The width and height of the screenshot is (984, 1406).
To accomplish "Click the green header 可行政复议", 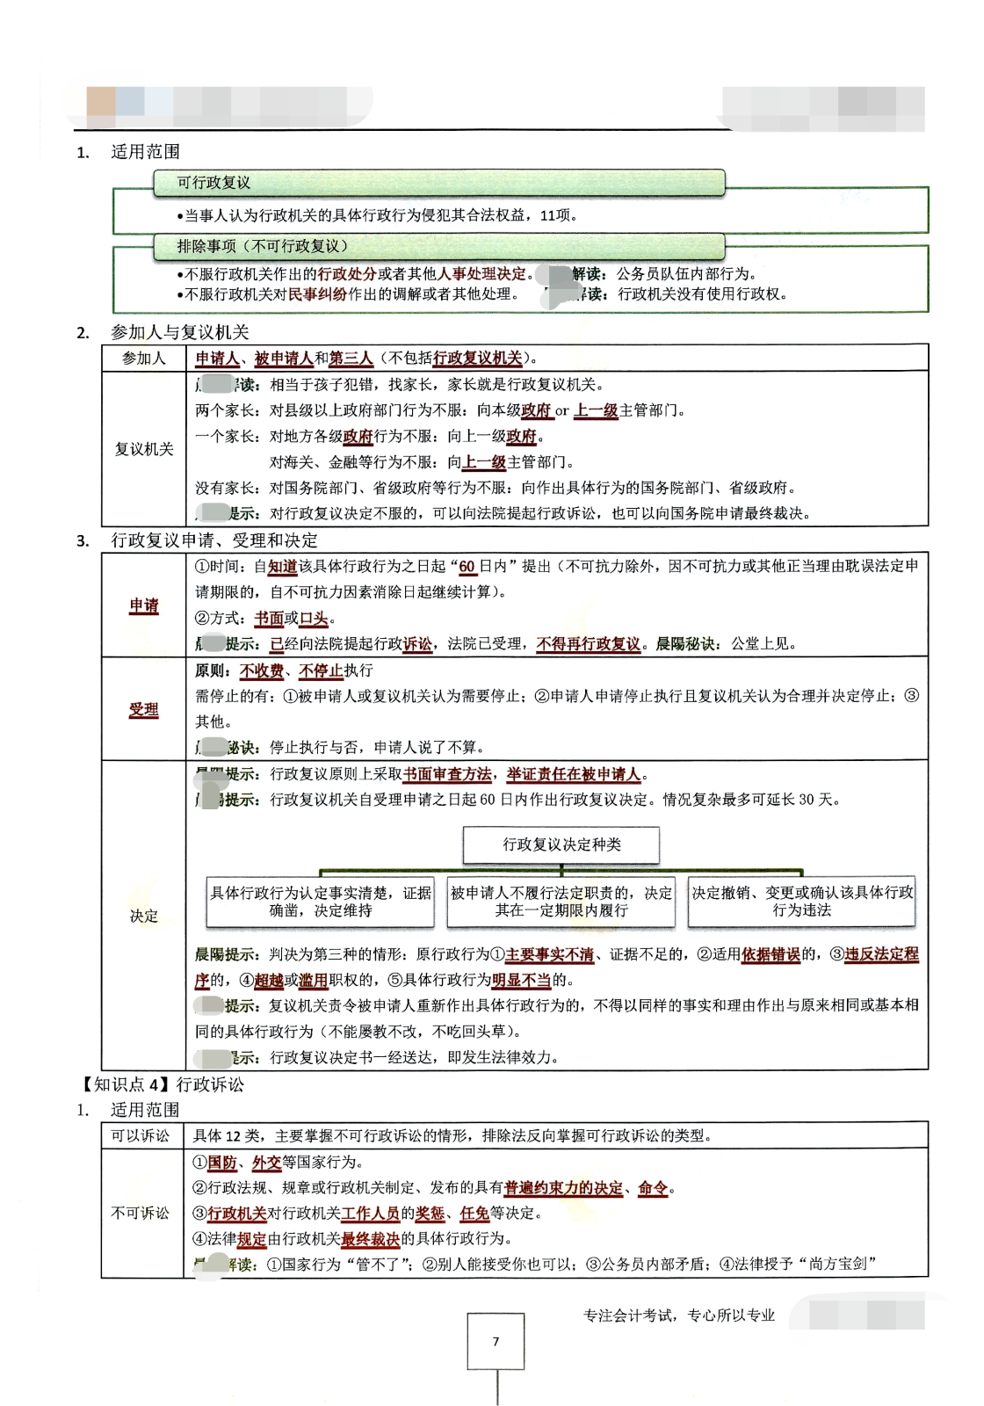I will pos(438,183).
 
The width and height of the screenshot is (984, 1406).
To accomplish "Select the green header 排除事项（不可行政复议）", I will pos(438,246).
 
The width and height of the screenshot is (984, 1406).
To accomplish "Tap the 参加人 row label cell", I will pos(144,358).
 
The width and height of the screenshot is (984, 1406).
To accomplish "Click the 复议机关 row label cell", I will pos(144,449).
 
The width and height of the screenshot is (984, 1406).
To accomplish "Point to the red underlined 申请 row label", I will pos(144,605).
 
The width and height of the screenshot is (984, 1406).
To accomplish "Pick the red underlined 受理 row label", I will pos(144,709).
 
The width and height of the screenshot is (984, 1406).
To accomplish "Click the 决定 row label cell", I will pos(144,916).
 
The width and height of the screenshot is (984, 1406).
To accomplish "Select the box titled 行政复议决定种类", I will pos(561,844).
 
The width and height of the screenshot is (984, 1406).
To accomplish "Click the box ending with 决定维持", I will pos(321,902).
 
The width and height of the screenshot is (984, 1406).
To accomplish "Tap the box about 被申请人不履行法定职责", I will pos(561,902).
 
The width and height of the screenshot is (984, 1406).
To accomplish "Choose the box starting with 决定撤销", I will pos(801,902).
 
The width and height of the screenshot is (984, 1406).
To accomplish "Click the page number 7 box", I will pos(496,1341).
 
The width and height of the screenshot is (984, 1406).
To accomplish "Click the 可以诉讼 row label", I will pos(141,1135).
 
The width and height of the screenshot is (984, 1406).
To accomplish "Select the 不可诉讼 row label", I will pos(141,1213).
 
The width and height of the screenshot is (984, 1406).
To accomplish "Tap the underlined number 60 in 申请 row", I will pos(467,567).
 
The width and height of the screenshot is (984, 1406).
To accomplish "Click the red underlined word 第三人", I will pos(351,359).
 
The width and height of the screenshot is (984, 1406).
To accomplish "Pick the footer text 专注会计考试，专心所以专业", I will pos(679,1315).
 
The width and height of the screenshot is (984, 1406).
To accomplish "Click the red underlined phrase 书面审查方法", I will pos(447,774).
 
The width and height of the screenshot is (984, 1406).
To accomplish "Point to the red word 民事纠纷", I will pos(318,294).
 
